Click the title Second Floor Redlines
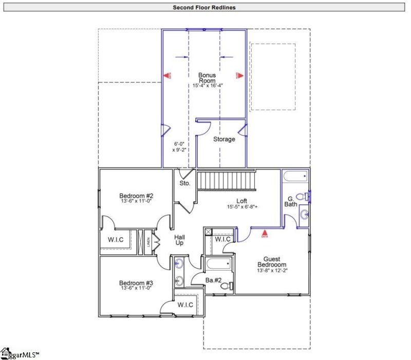tap(204, 7)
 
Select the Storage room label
tap(224, 139)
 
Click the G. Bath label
tap(291, 201)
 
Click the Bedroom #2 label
tap(136, 196)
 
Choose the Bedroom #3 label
tap(136, 283)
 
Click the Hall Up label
tap(179, 240)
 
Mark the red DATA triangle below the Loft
tap(265, 233)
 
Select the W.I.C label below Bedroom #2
tap(114, 239)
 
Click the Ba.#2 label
tap(213, 280)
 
